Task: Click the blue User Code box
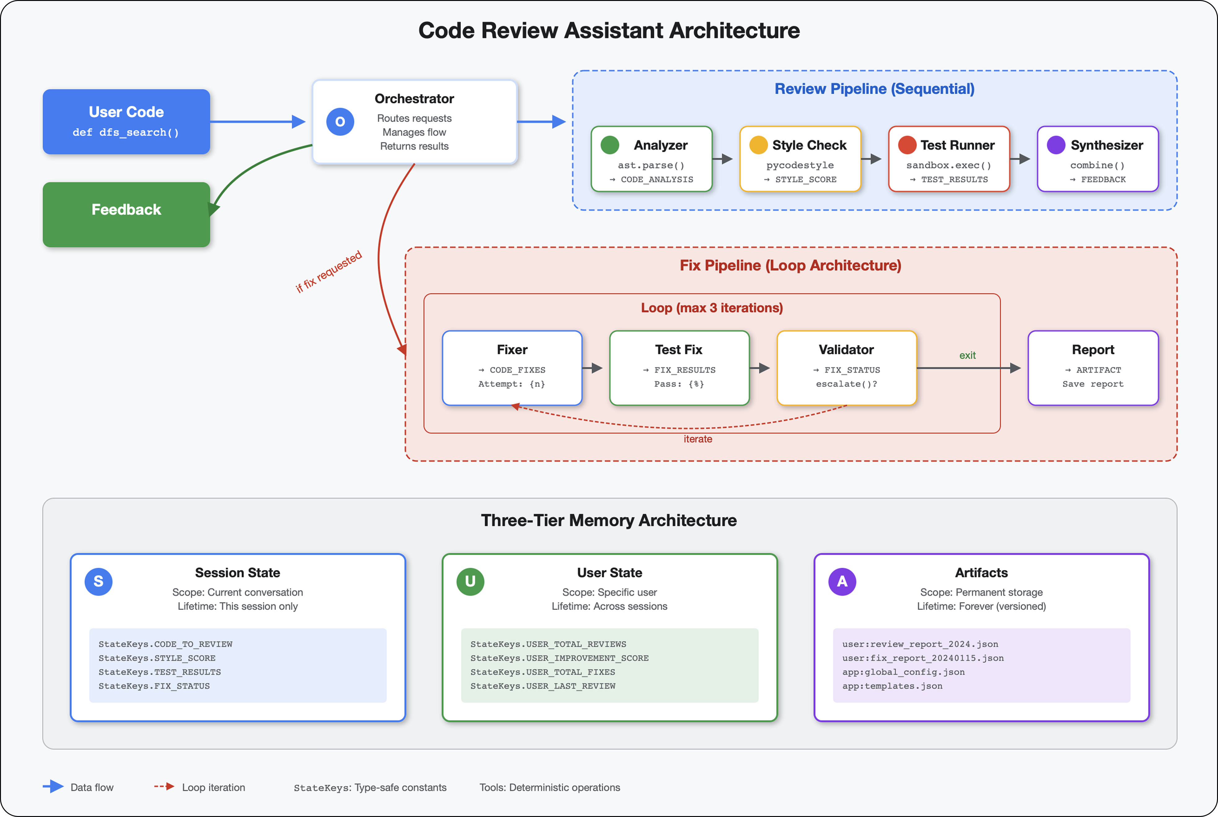[x=126, y=121]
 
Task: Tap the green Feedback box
[x=126, y=214]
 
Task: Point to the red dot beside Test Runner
[x=907, y=145]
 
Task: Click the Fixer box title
[x=512, y=349]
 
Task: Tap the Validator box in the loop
[x=846, y=368]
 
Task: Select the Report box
[x=1092, y=368]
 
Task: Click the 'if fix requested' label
[x=328, y=272]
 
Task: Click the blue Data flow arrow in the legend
[x=53, y=787]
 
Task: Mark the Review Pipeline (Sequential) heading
[x=874, y=89]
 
